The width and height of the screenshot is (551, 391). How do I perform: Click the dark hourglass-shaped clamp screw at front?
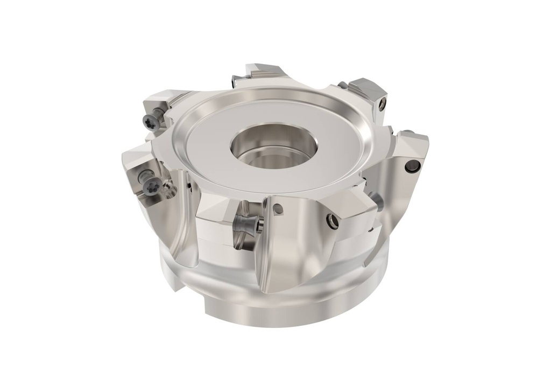pos(249,221)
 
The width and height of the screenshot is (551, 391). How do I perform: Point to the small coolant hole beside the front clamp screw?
pos(278,210)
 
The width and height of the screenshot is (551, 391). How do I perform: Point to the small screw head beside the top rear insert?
pos(233,81)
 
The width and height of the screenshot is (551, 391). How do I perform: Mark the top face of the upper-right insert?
pos(366,87)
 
